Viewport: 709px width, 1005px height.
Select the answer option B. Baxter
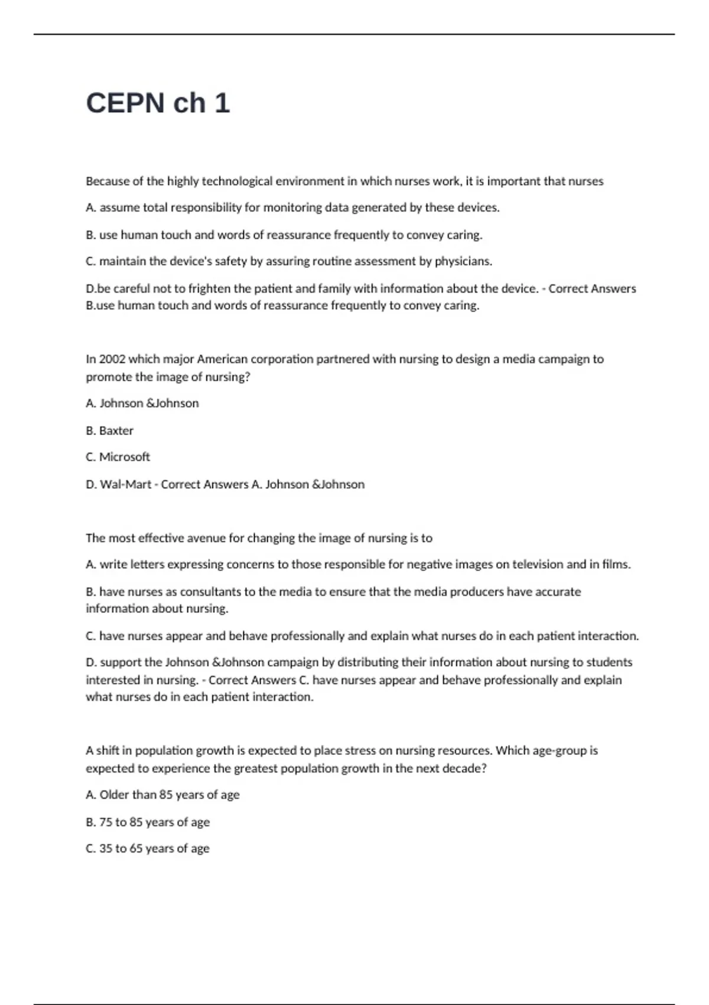point(109,430)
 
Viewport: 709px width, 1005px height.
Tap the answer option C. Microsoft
point(118,457)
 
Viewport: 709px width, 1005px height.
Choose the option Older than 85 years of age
point(162,795)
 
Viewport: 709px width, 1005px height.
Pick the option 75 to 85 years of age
point(148,822)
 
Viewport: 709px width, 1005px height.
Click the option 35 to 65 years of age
point(148,848)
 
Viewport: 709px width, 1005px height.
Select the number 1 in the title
point(222,103)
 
